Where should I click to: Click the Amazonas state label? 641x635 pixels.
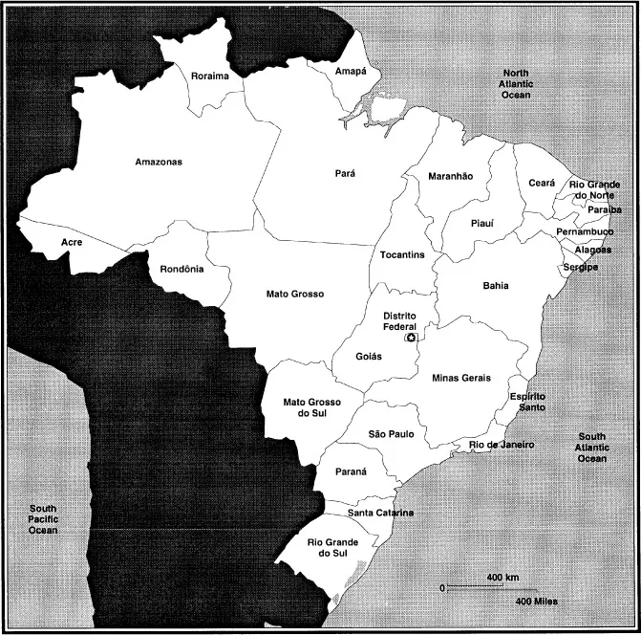[159, 162]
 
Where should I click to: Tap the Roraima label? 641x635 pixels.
[209, 76]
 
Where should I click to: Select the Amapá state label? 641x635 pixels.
[351, 72]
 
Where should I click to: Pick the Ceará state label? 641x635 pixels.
[542, 183]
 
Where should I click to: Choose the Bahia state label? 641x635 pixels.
[496, 285]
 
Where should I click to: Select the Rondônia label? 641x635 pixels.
[182, 269]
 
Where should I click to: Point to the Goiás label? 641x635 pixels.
[368, 356]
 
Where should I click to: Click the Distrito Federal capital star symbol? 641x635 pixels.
[412, 338]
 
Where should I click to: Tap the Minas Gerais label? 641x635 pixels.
[461, 378]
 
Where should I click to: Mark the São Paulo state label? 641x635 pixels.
[391, 434]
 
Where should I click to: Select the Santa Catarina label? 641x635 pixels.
[381, 513]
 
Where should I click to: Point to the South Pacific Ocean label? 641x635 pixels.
[43, 519]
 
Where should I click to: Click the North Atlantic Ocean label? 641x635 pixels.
[516, 84]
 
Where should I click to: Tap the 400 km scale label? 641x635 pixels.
[502, 578]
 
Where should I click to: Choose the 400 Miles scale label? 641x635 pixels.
[536, 602]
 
